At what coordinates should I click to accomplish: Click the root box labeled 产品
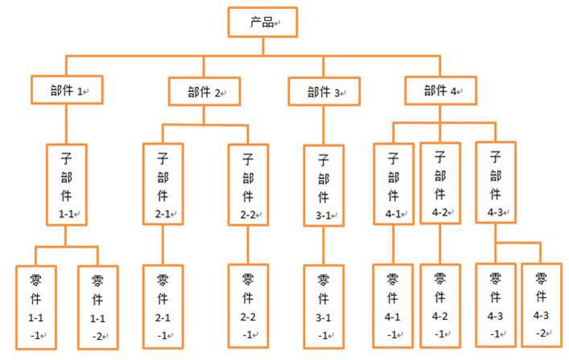(262, 22)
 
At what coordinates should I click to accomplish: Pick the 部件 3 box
(324, 91)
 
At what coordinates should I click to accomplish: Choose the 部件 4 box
(440, 90)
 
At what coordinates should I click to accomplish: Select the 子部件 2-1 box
(163, 183)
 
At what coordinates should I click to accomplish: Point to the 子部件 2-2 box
(248, 183)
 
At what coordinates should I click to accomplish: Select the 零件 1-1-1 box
(35, 307)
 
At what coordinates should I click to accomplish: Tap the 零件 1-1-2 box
(97, 307)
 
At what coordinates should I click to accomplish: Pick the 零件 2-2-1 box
(248, 307)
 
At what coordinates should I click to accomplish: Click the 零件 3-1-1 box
(324, 307)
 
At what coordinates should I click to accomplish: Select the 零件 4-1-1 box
(394, 307)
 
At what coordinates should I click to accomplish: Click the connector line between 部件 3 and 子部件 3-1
(324, 125)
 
